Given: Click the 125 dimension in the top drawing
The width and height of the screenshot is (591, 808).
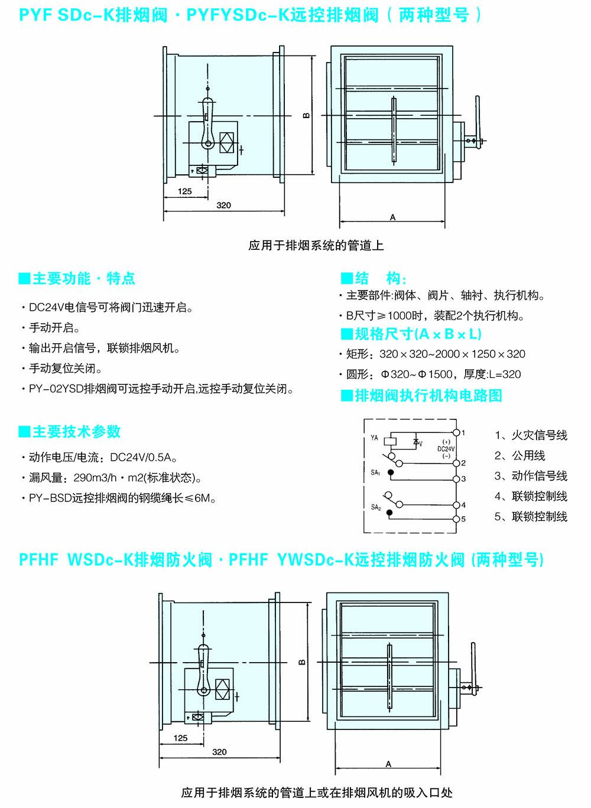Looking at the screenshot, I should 185,191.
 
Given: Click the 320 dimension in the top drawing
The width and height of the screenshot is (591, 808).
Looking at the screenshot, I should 223,206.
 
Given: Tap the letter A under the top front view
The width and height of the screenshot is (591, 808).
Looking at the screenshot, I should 392,218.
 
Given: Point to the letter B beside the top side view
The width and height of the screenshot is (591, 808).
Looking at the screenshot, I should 306,116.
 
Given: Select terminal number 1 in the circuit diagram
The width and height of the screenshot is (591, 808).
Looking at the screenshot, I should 463,433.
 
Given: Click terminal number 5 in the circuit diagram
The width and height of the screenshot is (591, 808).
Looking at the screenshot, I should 463,519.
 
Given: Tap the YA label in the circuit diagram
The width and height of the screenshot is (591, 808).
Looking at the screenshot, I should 374,438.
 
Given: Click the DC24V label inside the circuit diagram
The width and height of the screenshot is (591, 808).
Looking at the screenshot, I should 446,449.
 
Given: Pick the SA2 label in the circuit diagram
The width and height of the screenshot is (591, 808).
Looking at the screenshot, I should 376,507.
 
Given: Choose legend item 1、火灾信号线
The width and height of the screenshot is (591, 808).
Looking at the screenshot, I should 531,436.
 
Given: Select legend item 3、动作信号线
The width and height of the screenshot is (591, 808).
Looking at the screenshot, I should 531,476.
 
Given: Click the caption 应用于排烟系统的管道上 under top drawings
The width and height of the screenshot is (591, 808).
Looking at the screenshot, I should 316,245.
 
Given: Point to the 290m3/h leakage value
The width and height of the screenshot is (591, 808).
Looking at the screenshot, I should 95,478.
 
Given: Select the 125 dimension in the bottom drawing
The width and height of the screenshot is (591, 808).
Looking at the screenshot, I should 181,738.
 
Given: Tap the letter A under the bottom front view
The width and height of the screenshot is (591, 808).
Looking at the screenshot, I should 388,764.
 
